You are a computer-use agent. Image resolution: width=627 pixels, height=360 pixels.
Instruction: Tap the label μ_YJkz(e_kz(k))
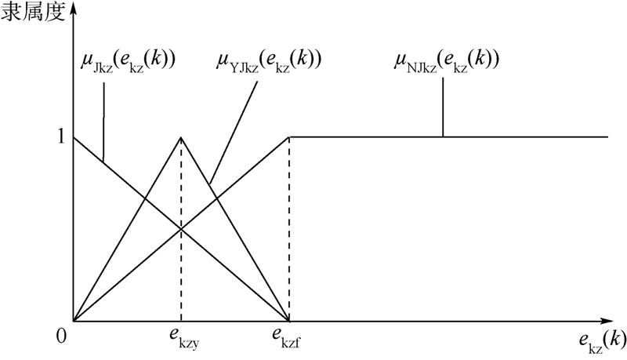(270, 60)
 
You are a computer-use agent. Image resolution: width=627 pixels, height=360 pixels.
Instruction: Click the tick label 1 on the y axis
(60, 136)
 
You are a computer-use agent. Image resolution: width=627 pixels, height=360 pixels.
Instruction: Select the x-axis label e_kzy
(180, 338)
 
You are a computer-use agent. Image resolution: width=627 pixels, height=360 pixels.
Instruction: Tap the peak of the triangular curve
(182, 137)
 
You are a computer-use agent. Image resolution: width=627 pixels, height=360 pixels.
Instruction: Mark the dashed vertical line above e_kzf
(289, 235)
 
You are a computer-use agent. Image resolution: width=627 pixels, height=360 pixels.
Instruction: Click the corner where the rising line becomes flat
(289, 137)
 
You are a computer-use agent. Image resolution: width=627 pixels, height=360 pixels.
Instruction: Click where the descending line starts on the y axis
(74, 137)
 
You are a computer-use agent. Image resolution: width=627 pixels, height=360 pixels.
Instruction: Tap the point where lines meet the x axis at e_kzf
(289, 321)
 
